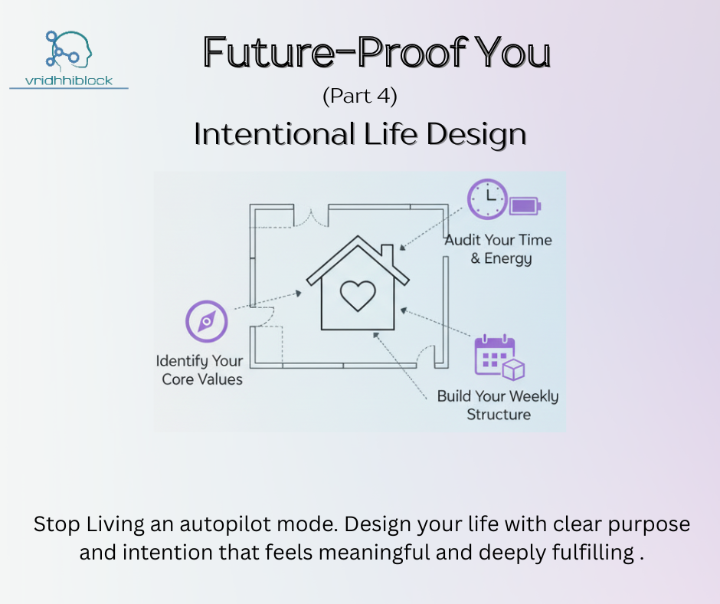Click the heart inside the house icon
[358, 296]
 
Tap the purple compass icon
[207, 321]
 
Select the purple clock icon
[488, 199]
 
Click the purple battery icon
[525, 206]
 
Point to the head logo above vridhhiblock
[69, 49]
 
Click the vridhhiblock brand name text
[69, 81]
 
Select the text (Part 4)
[360, 96]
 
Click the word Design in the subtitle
[476, 134]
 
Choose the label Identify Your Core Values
[200, 370]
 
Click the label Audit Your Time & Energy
[498, 249]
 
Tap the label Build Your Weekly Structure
[498, 405]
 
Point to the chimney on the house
[388, 256]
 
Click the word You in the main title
[512, 52]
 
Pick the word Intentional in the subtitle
[274, 134]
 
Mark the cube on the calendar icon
[513, 369]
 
